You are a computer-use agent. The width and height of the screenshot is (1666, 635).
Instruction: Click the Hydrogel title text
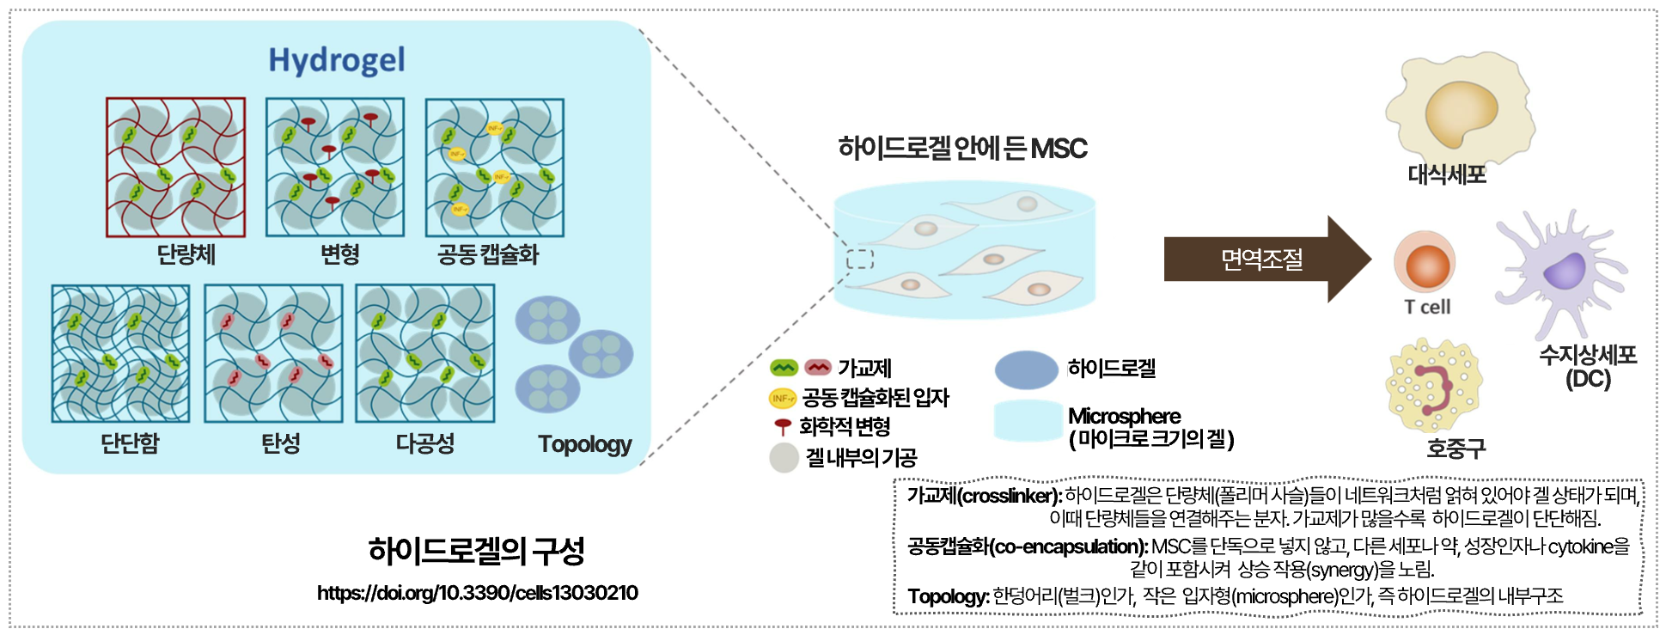(x=336, y=60)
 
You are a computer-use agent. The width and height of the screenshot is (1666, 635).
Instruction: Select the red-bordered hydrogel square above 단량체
(x=175, y=167)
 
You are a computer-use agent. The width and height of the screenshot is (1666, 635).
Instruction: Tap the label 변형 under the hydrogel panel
(x=340, y=254)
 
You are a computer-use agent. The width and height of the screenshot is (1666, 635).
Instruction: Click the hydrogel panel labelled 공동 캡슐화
(x=495, y=168)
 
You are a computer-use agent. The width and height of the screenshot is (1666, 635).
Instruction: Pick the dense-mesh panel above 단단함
(x=120, y=353)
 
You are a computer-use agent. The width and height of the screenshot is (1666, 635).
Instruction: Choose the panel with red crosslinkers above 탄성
(x=273, y=353)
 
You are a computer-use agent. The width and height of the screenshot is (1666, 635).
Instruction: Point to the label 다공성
(x=424, y=443)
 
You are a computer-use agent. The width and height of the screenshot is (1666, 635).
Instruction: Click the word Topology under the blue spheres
(x=584, y=444)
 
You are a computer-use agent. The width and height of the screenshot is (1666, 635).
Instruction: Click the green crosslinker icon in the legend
(x=784, y=368)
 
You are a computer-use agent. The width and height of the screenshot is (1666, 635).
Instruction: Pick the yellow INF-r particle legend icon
(x=782, y=398)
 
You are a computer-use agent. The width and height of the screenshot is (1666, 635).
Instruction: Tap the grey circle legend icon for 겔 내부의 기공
(x=784, y=457)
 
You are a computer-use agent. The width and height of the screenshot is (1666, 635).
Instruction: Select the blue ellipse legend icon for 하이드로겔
(x=1026, y=369)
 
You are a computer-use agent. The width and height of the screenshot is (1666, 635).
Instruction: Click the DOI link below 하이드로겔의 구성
(x=477, y=593)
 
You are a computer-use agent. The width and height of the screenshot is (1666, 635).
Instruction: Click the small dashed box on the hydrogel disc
(x=859, y=259)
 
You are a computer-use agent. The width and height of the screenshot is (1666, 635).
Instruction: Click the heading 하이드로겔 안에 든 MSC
(x=962, y=149)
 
